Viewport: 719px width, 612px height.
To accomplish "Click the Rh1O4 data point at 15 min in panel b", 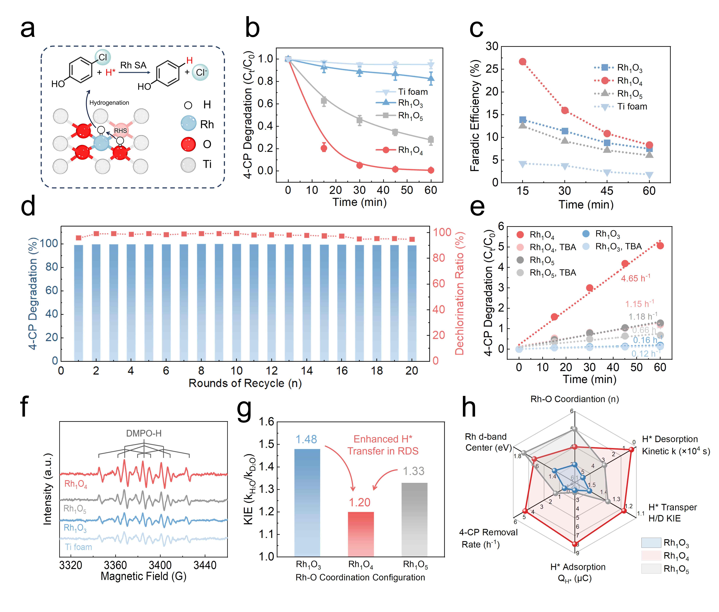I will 324,148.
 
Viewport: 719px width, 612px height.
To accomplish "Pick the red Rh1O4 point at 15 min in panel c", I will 522,62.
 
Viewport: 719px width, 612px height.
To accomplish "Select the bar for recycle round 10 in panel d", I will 236,302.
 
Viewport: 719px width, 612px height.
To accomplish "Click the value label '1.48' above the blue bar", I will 306,440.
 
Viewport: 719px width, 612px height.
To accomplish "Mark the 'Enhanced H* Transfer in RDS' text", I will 383,445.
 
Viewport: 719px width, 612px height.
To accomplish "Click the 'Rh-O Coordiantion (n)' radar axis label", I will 574,399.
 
